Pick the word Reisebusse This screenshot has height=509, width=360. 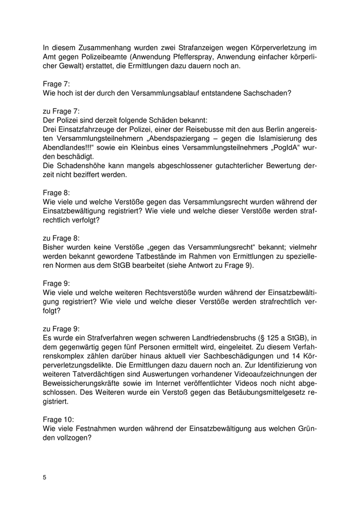(209, 128)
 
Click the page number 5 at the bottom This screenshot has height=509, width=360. (45, 478)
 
